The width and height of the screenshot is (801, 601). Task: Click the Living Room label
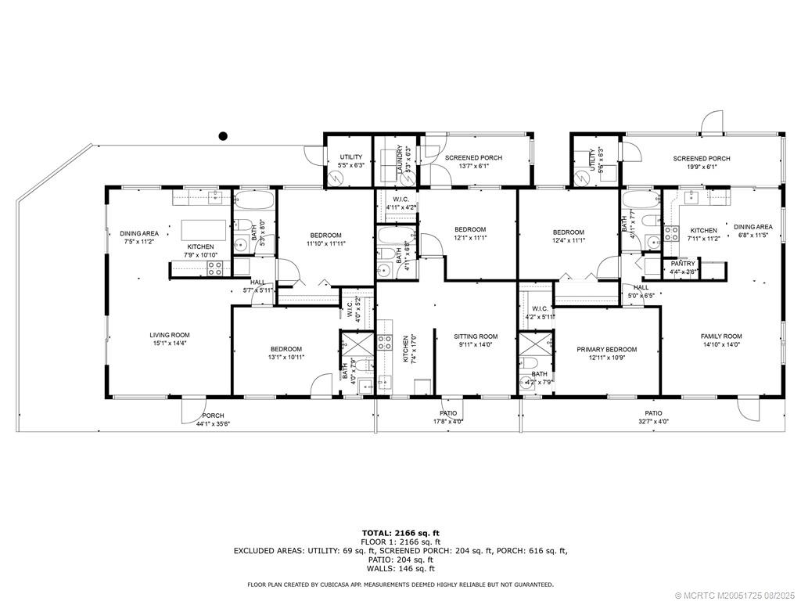[x=170, y=335]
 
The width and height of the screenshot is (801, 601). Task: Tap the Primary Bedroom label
[x=606, y=349]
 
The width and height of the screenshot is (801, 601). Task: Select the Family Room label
[x=721, y=336]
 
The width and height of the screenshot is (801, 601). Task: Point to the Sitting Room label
[x=476, y=336]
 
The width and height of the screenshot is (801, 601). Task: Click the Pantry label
[x=677, y=264]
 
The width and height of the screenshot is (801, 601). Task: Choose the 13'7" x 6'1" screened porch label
[x=473, y=158]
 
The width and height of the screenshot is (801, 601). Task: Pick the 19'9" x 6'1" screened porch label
[x=702, y=159]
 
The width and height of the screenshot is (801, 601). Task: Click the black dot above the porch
[x=223, y=135]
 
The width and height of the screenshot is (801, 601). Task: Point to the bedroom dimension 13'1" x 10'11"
[x=286, y=357]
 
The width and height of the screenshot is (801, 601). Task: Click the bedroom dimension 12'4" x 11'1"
[x=568, y=240]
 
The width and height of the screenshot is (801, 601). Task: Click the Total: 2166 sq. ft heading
[x=400, y=533]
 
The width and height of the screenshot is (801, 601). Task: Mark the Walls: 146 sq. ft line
[x=400, y=570]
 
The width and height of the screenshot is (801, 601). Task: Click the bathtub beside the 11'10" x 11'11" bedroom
[x=254, y=202]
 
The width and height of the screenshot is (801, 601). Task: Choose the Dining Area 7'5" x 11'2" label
[x=139, y=237]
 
